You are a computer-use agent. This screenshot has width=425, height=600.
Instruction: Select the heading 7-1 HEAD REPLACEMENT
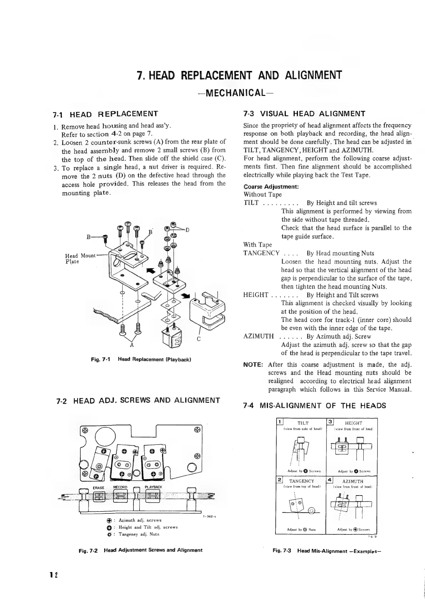[105, 114]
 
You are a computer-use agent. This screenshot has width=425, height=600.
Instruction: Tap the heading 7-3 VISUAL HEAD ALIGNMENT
[304, 114]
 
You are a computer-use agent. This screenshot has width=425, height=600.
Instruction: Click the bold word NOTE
[253, 365]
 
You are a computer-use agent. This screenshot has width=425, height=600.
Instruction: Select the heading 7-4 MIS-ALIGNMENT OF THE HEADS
[314, 406]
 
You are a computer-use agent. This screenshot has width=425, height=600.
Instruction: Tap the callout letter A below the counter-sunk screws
[132, 345]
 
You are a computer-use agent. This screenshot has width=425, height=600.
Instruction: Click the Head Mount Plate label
[79, 258]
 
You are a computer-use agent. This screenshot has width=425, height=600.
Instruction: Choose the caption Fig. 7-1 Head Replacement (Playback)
[141, 360]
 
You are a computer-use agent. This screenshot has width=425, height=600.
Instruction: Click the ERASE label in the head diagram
[98, 488]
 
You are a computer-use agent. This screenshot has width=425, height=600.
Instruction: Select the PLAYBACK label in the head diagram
[153, 487]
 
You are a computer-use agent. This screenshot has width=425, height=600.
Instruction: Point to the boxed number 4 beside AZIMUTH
[330, 480]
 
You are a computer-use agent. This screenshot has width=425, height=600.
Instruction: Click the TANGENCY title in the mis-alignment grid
[302, 481]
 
